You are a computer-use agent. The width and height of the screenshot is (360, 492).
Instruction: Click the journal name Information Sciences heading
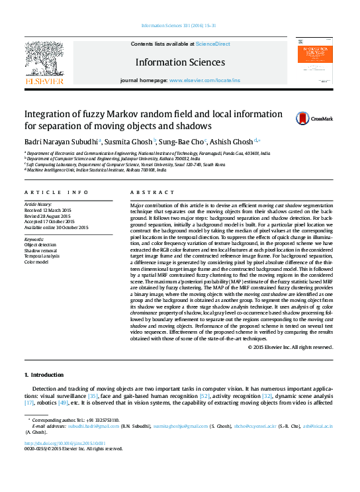(x=180, y=62)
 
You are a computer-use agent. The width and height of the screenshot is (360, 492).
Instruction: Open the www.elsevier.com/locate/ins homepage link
(x=204, y=79)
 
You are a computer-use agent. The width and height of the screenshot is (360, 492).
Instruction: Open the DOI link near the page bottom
(x=64, y=443)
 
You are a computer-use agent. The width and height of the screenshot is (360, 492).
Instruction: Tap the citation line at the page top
(x=179, y=26)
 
